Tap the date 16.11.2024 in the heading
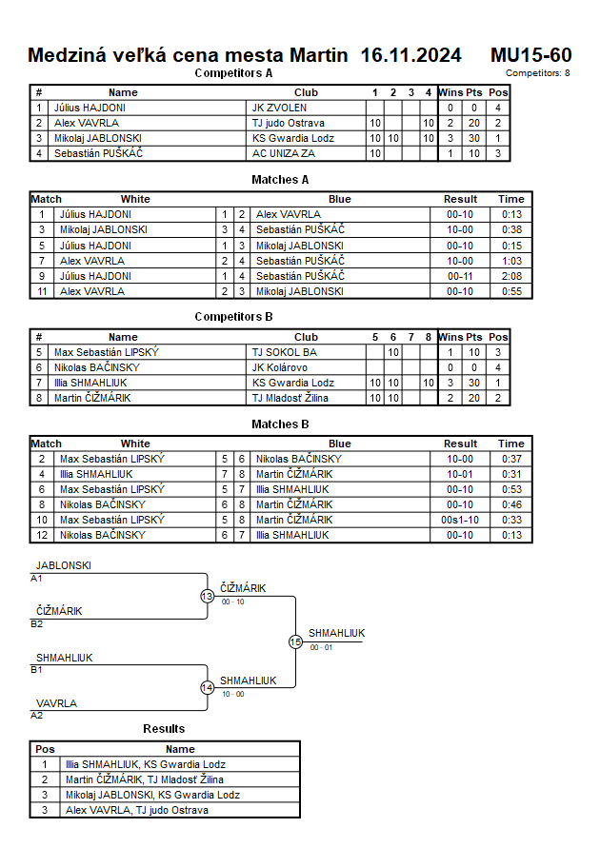point(411,55)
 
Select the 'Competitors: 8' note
point(538,72)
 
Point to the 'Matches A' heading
point(280,180)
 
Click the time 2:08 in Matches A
point(511,276)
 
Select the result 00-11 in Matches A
point(461,276)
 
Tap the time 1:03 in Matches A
point(511,261)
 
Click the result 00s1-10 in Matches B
point(461,520)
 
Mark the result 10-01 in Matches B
point(461,474)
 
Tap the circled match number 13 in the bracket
point(208,597)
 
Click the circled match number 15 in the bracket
point(295,642)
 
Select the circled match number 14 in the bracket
point(208,688)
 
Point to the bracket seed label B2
point(37,624)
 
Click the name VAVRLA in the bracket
point(57,703)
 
